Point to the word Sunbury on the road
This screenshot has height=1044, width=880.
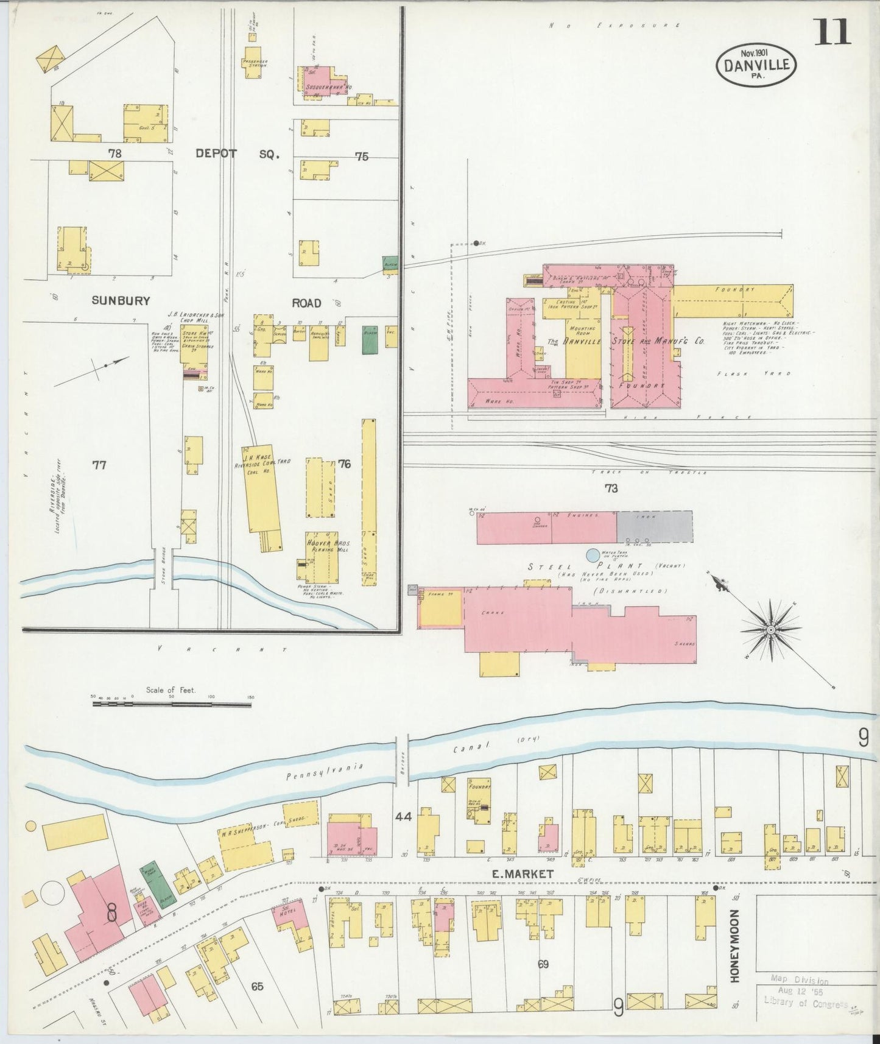coord(121,300)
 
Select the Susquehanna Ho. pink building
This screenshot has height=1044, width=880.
coord(321,81)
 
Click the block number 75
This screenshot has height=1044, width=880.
coord(362,157)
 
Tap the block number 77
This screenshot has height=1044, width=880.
coord(99,465)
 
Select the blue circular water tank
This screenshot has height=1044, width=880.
coord(592,555)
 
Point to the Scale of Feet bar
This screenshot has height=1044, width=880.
coord(172,704)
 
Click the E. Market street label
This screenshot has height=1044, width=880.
coord(523,873)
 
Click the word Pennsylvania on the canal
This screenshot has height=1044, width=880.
coord(325,772)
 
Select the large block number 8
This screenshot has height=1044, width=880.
coord(111,912)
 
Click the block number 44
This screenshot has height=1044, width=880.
coord(403,817)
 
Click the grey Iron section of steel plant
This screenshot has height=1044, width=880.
coord(655,526)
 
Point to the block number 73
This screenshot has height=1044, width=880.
coord(611,488)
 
